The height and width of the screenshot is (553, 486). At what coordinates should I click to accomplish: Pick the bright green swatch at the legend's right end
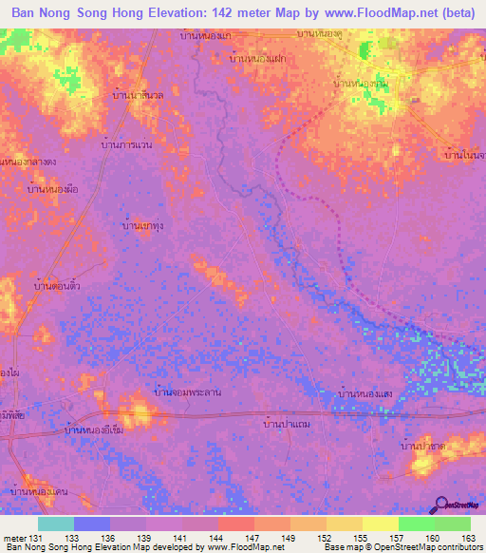pos(452,524)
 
